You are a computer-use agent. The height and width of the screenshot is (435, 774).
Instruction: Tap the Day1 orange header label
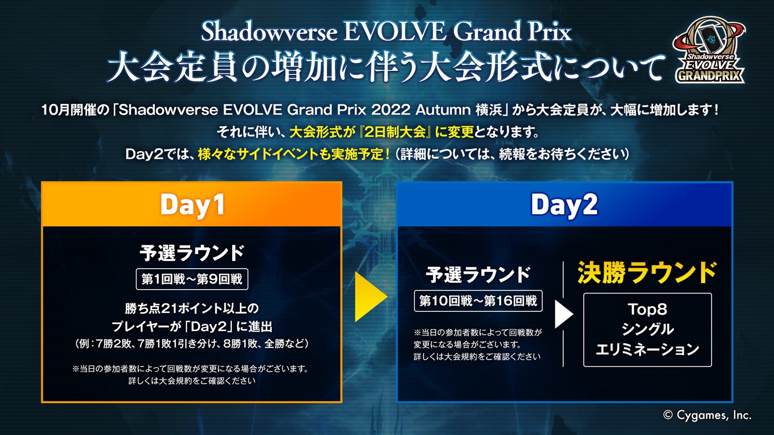193,205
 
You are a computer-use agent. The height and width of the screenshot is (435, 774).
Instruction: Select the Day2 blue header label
564,205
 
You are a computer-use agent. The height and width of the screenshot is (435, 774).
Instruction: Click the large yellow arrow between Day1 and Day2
371,296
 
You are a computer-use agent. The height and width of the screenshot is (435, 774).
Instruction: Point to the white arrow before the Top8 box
564,314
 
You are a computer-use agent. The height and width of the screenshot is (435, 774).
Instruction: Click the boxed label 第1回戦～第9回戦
192,279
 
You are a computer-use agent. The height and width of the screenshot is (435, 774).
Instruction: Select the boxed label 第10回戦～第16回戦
478,301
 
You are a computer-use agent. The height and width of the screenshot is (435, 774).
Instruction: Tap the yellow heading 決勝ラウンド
647,273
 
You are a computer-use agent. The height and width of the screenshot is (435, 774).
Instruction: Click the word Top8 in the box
647,309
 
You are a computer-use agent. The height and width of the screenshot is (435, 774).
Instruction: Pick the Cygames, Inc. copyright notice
707,415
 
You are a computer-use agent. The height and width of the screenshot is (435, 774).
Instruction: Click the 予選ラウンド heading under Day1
192,253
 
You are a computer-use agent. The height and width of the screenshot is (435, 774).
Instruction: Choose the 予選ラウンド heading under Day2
478,275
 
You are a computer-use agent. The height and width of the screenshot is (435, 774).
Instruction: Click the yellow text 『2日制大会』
394,132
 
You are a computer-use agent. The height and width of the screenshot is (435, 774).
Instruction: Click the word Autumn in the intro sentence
443,110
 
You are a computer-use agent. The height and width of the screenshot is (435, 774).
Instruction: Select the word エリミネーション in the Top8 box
647,349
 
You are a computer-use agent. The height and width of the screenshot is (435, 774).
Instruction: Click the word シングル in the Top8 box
647,329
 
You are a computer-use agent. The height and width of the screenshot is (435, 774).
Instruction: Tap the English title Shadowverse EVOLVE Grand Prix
386,32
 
